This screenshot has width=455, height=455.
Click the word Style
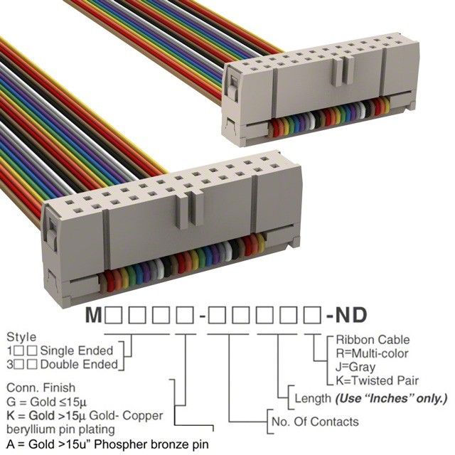pos(21,336)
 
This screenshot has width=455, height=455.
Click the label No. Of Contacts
pos(315,422)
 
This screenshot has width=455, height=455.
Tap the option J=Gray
pos(355,366)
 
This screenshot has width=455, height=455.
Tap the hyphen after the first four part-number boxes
pos(203,314)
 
